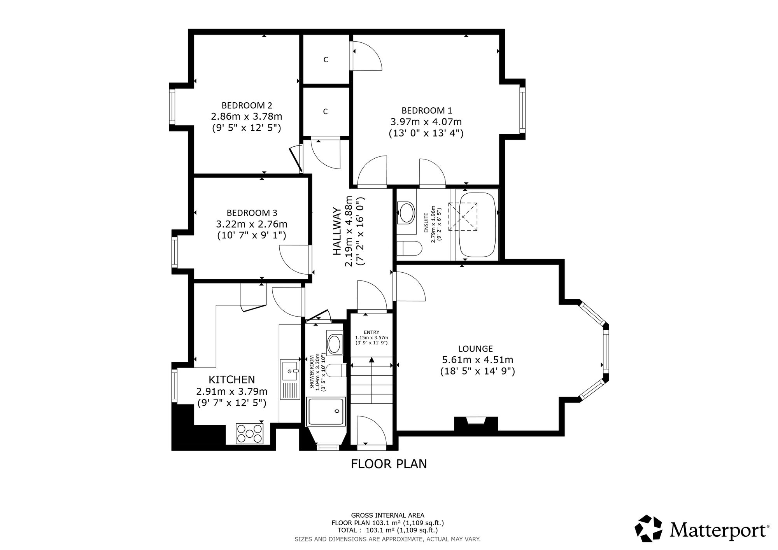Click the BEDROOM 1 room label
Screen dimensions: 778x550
click(427, 110)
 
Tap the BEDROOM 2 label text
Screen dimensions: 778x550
click(247, 105)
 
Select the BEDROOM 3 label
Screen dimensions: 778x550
click(252, 213)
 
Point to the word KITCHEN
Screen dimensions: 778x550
click(232, 379)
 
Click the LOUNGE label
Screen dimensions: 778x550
click(475, 349)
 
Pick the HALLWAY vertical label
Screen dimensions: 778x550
click(337, 231)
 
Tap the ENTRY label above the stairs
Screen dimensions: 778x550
click(371, 332)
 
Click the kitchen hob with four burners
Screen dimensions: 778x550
click(250, 433)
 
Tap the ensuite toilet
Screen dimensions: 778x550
click(409, 248)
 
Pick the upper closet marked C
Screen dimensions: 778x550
click(326, 59)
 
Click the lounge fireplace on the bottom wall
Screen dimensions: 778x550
click(476, 423)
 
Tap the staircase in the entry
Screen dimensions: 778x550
click(371, 380)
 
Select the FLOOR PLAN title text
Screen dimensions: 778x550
click(389, 464)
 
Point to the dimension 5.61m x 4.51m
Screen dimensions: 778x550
click(478, 360)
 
